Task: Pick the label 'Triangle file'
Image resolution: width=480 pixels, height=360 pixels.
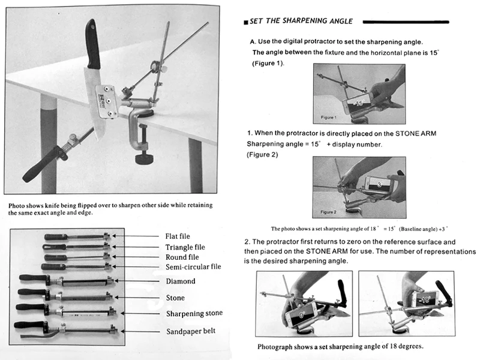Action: point(185,246)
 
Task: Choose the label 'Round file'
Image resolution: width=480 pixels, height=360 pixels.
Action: point(182,257)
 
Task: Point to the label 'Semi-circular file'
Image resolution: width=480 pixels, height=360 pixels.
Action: point(193,267)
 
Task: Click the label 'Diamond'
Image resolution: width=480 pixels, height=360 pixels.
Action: point(181,281)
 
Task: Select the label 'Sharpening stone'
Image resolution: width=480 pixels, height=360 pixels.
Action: point(193,313)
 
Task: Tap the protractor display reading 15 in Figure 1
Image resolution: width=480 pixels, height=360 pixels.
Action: point(359,103)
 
